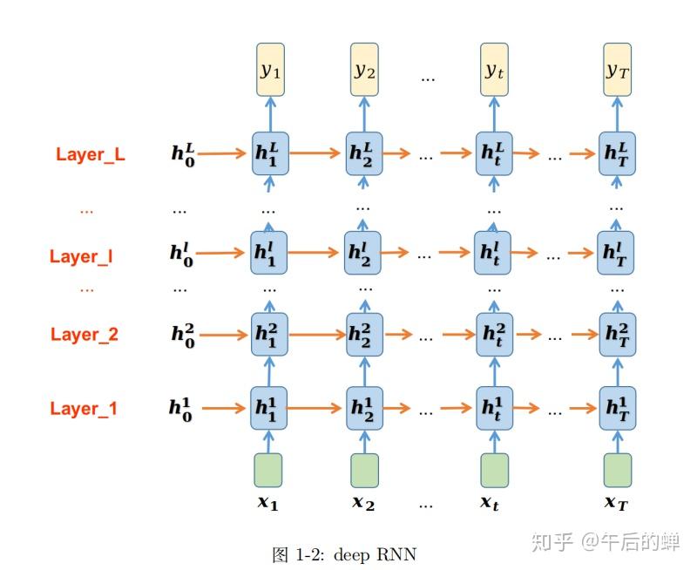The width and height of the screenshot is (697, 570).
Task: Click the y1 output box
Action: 269,69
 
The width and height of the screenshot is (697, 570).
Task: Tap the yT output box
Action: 617,69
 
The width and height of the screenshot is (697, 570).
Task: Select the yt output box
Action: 494,69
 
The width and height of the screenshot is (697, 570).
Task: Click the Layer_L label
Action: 90,154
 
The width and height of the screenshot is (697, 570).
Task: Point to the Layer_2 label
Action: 85,334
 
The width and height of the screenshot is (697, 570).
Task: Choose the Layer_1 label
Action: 84,408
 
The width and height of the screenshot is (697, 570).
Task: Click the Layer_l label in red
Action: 81,256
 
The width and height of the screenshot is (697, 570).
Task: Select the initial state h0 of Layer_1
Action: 181,407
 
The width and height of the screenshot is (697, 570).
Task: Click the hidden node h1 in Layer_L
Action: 269,153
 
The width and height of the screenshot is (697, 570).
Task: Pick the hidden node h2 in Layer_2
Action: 364,334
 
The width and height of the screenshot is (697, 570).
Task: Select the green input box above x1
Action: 268,470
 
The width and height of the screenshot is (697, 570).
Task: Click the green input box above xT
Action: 617,470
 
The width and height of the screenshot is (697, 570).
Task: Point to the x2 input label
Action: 364,503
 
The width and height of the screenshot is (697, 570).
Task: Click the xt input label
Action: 490,503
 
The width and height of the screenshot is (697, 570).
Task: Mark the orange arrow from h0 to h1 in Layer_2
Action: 224,334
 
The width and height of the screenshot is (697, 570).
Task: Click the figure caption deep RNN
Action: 344,553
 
